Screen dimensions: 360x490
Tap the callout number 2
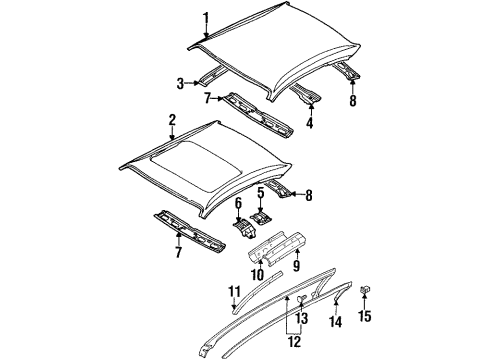pyautogui.click(x=172, y=120)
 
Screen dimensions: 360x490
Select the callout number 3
pyautogui.click(x=181, y=83)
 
